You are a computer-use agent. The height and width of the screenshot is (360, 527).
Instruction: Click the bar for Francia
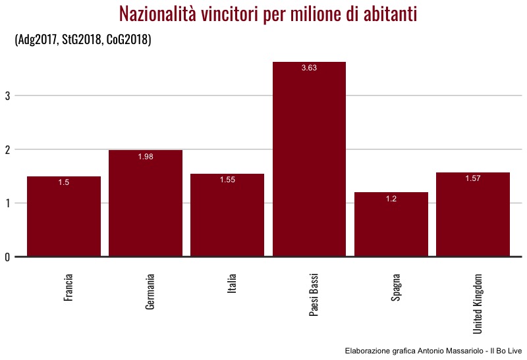click(64, 217)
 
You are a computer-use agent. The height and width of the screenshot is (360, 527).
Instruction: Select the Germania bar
click(146, 204)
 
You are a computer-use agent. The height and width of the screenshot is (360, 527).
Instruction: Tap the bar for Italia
click(227, 216)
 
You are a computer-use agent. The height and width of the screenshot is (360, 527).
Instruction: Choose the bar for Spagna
click(391, 225)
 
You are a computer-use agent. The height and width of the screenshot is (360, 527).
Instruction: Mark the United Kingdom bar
click(473, 215)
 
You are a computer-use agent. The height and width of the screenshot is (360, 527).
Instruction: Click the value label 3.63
click(309, 68)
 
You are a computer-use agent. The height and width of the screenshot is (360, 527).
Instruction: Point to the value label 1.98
click(146, 157)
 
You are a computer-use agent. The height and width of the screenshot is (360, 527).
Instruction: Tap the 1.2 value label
click(391, 199)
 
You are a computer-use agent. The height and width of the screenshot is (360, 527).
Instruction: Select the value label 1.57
click(473, 179)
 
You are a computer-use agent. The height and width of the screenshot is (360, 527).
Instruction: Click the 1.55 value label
click(227, 180)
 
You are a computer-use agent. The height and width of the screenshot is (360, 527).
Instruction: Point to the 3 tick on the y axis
click(7, 96)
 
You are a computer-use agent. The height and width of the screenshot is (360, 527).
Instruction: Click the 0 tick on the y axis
click(7, 257)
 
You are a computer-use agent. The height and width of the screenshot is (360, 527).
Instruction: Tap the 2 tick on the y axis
click(7, 150)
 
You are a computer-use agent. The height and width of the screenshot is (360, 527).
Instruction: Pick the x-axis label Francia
click(69, 288)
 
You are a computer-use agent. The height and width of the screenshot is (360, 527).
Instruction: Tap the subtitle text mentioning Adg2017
click(83, 40)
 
